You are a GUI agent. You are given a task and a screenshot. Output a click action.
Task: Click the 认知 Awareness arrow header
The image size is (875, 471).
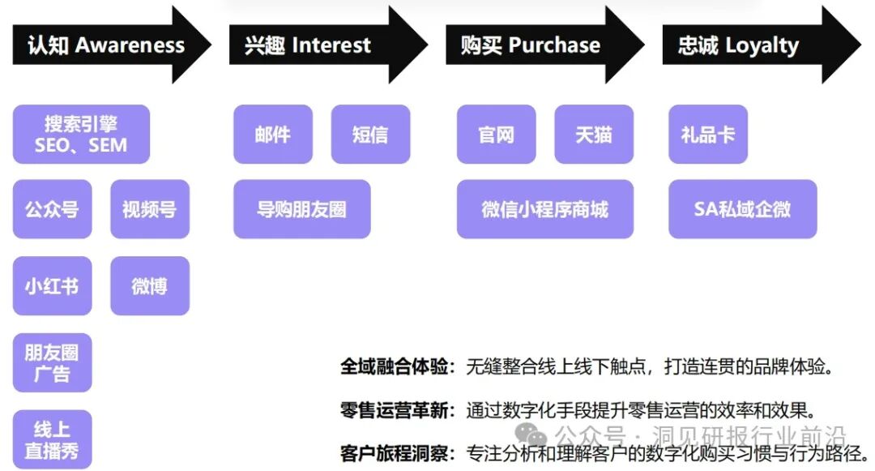(x=106, y=45)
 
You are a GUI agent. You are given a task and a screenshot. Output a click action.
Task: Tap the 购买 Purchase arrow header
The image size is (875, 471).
(x=531, y=45)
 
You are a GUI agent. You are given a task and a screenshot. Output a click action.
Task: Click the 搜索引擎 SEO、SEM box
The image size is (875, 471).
(x=81, y=135)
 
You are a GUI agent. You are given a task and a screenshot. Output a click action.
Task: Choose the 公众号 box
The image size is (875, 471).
(x=52, y=209)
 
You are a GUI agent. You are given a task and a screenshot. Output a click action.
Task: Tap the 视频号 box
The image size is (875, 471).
(x=149, y=209)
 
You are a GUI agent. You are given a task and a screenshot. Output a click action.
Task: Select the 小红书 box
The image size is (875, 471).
(x=52, y=286)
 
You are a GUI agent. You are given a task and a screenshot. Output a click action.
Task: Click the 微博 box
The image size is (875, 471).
(x=149, y=286)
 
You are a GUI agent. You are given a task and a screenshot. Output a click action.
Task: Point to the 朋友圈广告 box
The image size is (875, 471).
(x=52, y=362)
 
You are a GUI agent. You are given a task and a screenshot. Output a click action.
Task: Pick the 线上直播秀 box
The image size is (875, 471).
(x=52, y=439)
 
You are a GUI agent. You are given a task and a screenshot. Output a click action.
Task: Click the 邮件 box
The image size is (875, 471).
(x=272, y=135)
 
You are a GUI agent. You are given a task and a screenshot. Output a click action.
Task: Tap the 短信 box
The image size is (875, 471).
(x=370, y=135)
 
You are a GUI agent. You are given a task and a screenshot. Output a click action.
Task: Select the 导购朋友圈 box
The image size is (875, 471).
(x=301, y=209)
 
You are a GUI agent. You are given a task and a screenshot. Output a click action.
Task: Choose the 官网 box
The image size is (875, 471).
(x=496, y=135)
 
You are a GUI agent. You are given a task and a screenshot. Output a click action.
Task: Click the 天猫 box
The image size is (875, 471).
(x=594, y=135)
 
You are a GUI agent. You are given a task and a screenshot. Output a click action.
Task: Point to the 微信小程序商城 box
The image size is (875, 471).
(x=544, y=209)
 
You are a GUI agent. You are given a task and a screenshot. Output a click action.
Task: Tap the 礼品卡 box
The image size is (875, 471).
(x=707, y=135)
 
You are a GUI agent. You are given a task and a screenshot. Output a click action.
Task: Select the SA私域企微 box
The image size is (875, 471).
(x=742, y=209)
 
